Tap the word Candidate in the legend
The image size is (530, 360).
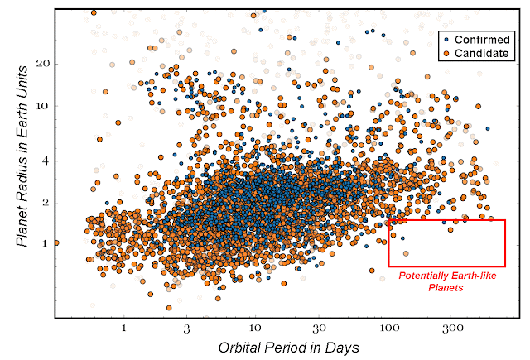coord(479,52)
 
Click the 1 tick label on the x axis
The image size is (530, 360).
coord(123,328)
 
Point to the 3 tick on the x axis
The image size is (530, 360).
coord(187,328)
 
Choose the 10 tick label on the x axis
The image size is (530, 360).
coord(255,328)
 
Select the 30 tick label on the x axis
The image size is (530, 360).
coord(319,328)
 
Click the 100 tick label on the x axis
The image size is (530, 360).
coord(388,328)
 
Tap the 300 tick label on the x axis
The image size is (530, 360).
coord(452,328)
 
